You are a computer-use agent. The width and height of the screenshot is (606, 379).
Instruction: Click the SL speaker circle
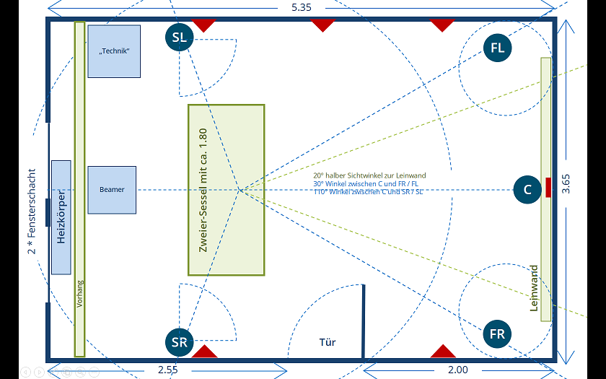pos(180,37)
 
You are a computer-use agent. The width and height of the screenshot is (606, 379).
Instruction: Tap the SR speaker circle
pos(180,342)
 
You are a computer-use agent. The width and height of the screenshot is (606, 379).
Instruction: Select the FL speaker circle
pos(497,48)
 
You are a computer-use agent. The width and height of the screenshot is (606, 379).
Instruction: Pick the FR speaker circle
pos(497,334)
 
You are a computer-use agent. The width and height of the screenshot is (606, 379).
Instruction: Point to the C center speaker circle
pos(527,189)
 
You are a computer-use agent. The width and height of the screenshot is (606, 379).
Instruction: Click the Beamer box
pos(112,190)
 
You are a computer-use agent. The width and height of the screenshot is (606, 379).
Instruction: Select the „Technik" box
pos(114,51)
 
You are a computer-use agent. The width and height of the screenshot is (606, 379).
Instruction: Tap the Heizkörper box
pos(61,217)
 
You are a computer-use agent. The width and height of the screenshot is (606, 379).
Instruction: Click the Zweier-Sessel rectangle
pos(226,190)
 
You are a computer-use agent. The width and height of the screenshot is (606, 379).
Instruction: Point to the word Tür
pos(328,342)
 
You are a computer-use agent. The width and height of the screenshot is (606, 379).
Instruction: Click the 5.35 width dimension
pos(302,7)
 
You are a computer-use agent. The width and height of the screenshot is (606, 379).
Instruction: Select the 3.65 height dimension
pos(566,184)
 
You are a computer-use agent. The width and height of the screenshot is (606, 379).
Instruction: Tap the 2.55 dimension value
pos(168,370)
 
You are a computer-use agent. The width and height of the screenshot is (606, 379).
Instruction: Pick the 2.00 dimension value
pos(458,370)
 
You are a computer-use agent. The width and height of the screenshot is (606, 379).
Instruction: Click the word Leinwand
pos(534,288)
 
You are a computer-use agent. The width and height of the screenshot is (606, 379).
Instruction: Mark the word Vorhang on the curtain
pos(79,294)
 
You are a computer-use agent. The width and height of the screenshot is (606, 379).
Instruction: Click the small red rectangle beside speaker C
pos(548,188)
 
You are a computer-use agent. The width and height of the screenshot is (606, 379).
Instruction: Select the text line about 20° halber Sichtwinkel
pos(369,175)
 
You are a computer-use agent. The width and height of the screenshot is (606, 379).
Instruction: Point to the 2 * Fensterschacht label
pos(31,211)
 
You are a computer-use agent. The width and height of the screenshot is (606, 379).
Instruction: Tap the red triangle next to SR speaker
pos(204,351)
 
